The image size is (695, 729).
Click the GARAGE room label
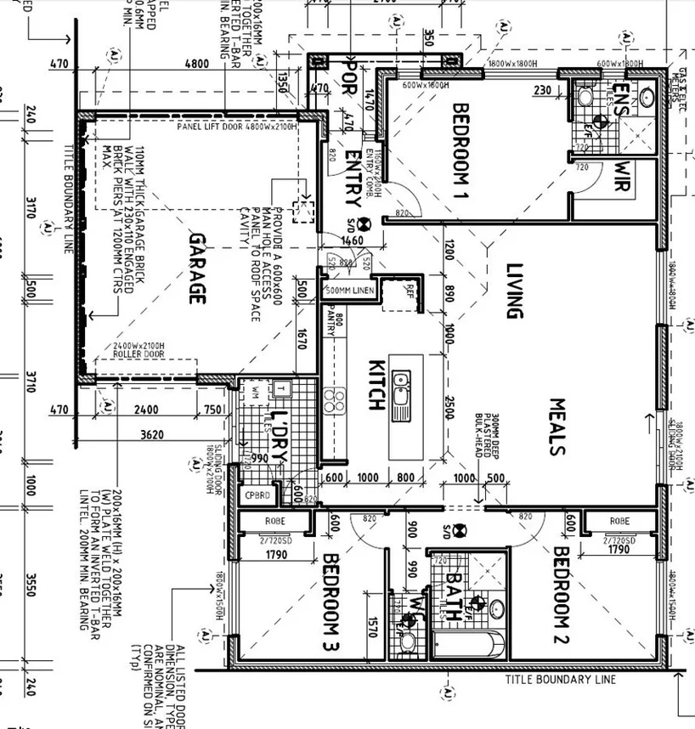pos(197,269)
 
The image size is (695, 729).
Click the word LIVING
pos(512,291)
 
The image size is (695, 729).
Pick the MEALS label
pos(557,427)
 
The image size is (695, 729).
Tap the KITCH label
pos(376,387)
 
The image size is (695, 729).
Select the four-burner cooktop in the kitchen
pos(334,400)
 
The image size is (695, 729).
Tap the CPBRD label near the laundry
pos(257,495)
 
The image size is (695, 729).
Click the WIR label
pos(623,177)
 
